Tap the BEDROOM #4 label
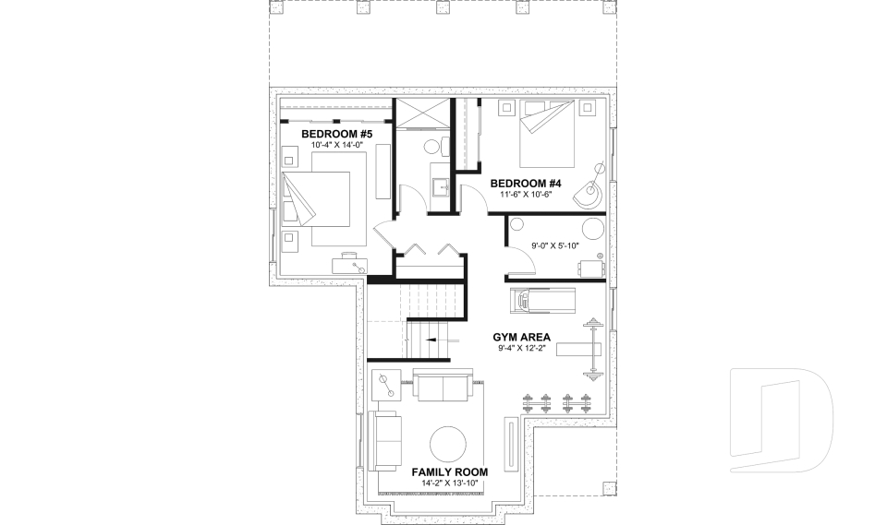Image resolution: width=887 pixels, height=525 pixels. pyautogui.click(x=523, y=182)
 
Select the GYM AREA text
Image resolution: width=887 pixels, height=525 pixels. pyautogui.click(x=523, y=337)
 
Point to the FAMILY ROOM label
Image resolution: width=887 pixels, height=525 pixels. pyautogui.click(x=449, y=471)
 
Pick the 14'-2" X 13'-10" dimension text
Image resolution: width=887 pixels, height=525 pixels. pyautogui.click(x=449, y=483)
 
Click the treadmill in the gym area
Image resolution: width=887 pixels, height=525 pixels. pyautogui.click(x=541, y=300)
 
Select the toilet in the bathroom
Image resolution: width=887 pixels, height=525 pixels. pyautogui.click(x=435, y=147)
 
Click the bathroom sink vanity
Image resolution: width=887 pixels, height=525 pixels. pyautogui.click(x=441, y=188)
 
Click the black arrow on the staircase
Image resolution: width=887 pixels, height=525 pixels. pyautogui.click(x=430, y=340)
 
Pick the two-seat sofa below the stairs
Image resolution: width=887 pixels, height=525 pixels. pyautogui.click(x=442, y=387)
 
